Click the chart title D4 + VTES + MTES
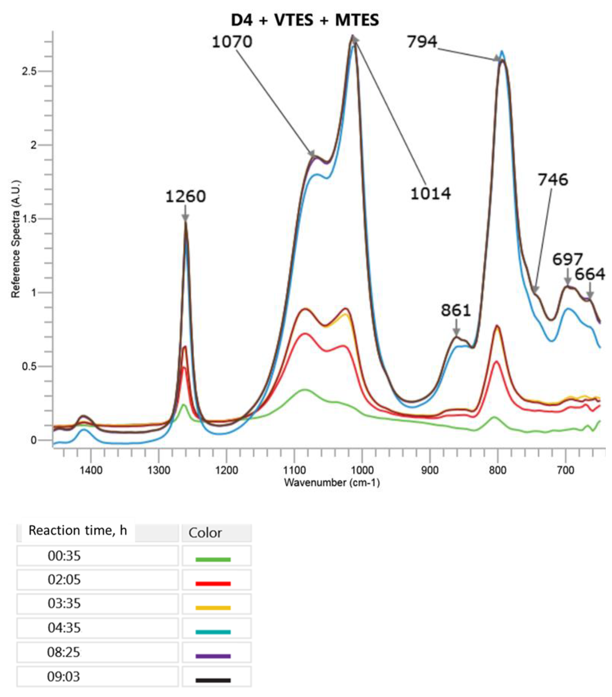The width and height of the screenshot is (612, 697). (x=305, y=20)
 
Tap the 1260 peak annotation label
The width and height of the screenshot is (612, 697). (x=185, y=197)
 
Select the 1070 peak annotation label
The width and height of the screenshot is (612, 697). (x=232, y=42)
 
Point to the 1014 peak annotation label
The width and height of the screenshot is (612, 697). (x=430, y=194)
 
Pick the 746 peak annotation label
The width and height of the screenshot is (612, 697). (x=553, y=180)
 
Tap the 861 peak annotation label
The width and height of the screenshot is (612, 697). (x=456, y=310)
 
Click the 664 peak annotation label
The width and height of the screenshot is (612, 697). (x=590, y=274)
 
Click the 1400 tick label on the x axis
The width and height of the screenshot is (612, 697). (x=91, y=471)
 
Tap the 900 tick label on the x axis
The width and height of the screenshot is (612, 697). (x=430, y=471)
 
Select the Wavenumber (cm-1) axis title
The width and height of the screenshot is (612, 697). (x=331, y=483)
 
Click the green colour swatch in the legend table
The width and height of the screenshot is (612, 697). (x=213, y=559)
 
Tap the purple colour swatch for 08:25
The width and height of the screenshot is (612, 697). (x=213, y=656)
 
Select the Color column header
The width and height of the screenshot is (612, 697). (x=205, y=533)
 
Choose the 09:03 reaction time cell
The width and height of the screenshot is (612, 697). (x=64, y=677)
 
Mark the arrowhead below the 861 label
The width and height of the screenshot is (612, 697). (x=456, y=332)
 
